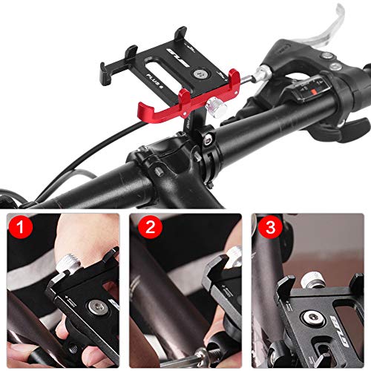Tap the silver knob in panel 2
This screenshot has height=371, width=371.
232,255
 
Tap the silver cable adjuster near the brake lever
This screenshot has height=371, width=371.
261,72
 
